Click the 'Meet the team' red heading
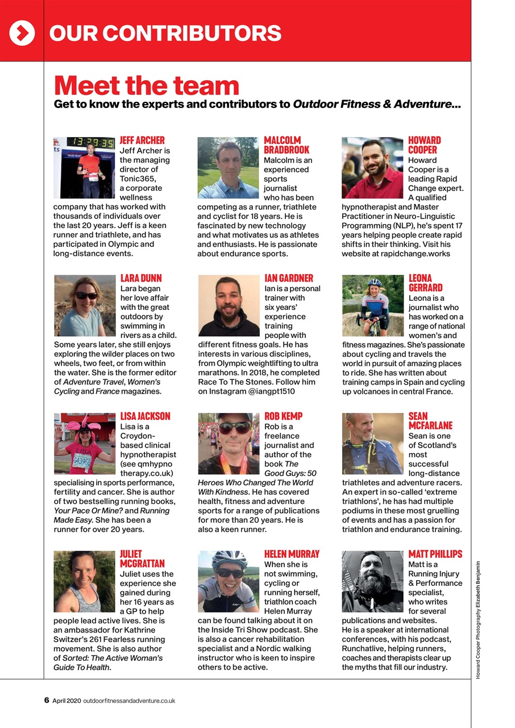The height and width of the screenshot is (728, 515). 146,85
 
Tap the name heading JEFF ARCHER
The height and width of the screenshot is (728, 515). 142,140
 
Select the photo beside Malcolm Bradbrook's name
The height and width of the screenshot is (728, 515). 228,167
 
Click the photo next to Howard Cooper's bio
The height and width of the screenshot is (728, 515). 372,167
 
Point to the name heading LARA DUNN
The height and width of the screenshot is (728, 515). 141,278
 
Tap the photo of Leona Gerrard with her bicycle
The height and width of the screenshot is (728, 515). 372,305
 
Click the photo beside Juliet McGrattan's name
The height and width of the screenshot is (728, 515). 84,581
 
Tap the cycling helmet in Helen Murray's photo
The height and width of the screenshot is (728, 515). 229,559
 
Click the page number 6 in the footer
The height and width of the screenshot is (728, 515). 47,700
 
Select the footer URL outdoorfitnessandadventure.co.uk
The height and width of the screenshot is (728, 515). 129,701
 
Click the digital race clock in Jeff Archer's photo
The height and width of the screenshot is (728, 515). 91,142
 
